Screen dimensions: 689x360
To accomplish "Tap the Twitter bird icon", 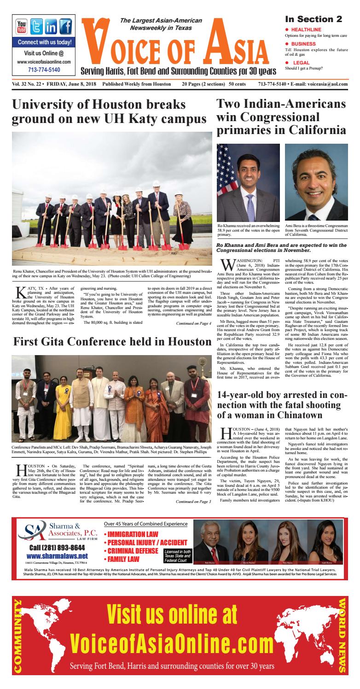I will coord(37,26).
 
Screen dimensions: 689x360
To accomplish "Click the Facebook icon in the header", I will coord(65,26).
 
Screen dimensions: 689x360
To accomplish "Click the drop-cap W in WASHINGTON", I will coord(225,266).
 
